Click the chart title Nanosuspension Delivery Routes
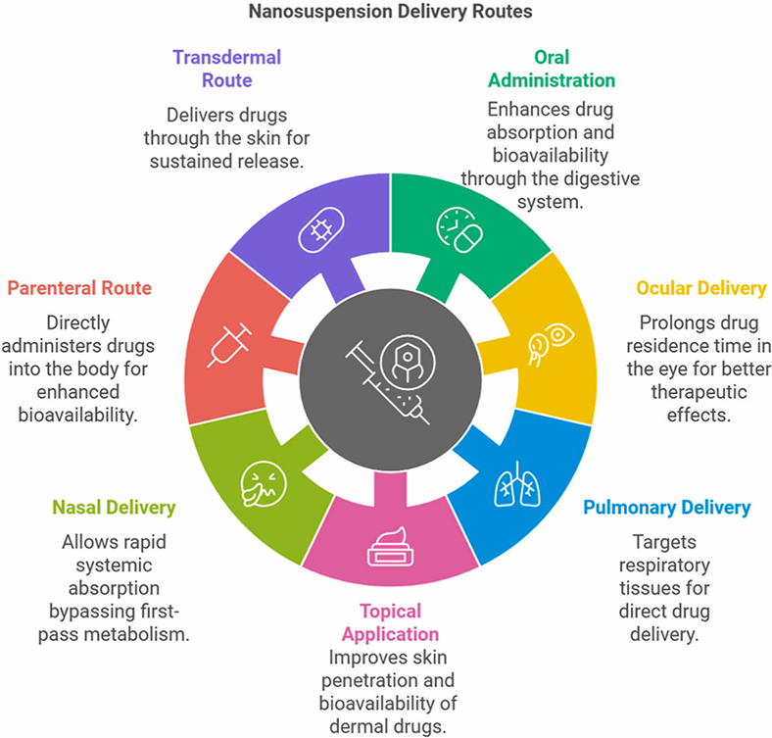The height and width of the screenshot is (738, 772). click(x=388, y=14)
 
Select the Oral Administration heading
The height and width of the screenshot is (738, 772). click(x=552, y=69)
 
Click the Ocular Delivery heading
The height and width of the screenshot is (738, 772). click(x=700, y=288)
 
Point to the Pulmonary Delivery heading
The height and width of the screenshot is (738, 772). click(x=667, y=508)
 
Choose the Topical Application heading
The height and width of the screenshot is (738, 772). click(x=385, y=621)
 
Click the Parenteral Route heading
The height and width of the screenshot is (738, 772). click(x=80, y=288)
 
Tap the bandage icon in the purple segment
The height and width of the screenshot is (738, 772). click(x=318, y=229)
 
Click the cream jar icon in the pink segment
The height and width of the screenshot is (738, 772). click(x=390, y=545)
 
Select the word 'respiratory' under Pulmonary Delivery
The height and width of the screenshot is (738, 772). click(x=658, y=565)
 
